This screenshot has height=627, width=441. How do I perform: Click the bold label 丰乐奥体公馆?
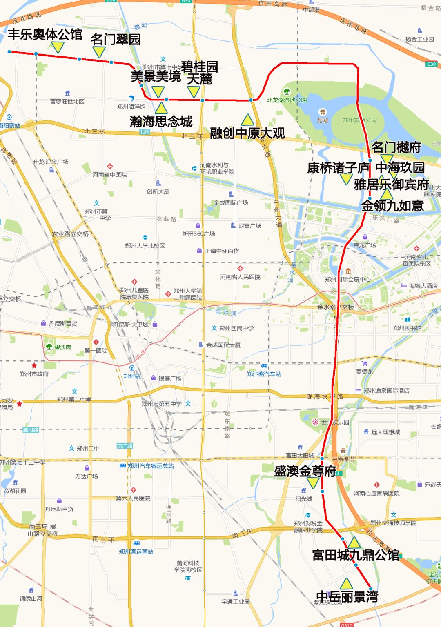[45, 35]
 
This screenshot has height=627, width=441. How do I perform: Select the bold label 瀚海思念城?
[161, 121]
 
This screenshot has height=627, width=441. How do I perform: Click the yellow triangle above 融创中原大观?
[247, 120]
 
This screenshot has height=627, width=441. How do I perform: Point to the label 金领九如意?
[392, 206]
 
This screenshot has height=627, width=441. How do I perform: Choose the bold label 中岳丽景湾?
[347, 597]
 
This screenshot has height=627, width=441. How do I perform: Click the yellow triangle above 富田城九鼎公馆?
[354, 543]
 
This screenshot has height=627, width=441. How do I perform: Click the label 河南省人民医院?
[240, 277]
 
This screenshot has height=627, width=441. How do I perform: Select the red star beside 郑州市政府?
[34, 366]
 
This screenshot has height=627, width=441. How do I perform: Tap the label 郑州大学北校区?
[145, 245]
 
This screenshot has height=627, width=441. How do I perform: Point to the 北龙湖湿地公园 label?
[287, 100]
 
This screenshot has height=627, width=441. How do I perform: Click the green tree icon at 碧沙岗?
[49, 347]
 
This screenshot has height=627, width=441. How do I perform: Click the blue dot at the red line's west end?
[9, 52]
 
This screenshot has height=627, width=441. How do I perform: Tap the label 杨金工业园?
[419, 39]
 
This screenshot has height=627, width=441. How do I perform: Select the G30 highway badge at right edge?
[431, 64]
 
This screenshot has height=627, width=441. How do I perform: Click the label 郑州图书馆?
[407, 328]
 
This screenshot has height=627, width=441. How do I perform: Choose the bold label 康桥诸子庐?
[338, 168]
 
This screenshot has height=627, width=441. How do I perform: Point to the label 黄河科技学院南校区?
[188, 566]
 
